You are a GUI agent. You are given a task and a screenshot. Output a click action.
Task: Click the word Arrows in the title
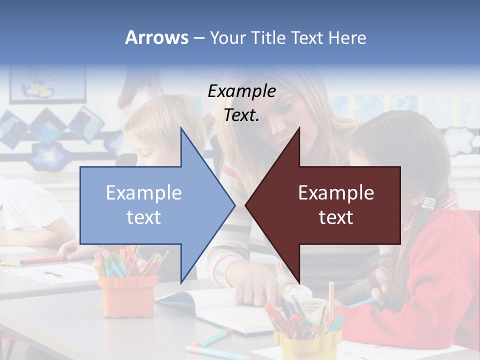[157, 38]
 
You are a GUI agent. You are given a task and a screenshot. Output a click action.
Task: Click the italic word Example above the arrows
[241, 91]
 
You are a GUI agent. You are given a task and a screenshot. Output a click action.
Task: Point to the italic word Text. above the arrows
[241, 115]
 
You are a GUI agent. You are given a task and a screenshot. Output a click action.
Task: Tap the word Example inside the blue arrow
[144, 192]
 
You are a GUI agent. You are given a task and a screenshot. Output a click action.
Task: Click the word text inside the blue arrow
[144, 217]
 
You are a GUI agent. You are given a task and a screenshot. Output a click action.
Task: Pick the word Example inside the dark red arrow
[336, 192]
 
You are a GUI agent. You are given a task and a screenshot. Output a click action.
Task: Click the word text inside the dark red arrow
[336, 217]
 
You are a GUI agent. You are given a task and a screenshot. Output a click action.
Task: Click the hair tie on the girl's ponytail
[429, 203]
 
